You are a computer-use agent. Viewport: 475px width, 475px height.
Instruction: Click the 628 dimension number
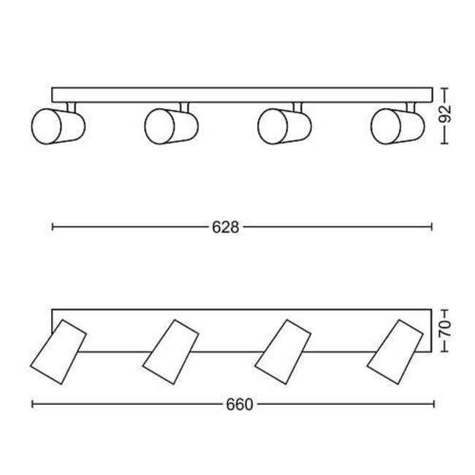(226, 228)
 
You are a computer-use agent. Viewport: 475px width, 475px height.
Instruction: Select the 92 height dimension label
(446, 114)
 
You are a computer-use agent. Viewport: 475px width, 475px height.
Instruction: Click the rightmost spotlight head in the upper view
(395, 126)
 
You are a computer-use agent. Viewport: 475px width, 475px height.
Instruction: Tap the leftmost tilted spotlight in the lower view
(58, 352)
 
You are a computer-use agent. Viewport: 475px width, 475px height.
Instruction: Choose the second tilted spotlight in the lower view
(171, 352)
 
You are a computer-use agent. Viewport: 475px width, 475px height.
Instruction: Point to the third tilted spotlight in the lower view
(284, 352)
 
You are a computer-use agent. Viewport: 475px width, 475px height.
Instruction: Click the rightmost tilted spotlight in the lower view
(396, 352)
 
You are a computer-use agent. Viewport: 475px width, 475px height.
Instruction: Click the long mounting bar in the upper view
(241, 95)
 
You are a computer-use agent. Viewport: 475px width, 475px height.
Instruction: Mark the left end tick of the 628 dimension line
(53, 228)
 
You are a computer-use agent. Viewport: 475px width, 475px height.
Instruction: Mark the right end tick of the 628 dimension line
(433, 228)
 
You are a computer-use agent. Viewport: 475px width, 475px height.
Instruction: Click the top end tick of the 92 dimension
(446, 88)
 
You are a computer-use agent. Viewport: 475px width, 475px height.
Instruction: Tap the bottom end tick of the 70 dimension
(446, 351)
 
